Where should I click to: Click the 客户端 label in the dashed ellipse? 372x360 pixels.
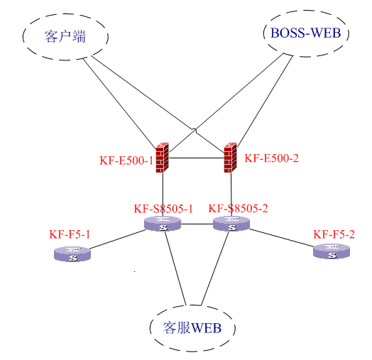pos(65,36)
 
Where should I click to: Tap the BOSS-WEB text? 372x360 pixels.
pos(305,33)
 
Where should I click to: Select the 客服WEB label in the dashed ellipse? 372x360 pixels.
pos(192,328)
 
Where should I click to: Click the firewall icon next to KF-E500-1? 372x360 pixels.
pos(163,158)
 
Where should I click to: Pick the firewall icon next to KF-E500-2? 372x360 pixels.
pos(230,158)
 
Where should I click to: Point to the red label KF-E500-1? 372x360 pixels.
pos(126,160)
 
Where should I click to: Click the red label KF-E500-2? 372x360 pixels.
pos(271,158)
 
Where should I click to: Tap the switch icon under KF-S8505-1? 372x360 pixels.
pos(163,224)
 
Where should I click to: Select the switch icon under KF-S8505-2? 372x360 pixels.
pos(231,224)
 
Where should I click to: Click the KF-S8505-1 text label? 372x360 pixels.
pos(163,209)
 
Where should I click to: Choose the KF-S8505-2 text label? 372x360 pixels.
pos(239,208)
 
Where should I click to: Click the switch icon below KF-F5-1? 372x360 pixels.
pos(72,254)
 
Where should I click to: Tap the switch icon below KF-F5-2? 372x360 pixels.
pos(332,251)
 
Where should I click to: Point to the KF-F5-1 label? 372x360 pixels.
pos(70,234)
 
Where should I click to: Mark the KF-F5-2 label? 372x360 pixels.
pos(334,234)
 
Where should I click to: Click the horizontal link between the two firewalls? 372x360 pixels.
pos(197,158)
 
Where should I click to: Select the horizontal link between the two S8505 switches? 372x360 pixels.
pos(197,224)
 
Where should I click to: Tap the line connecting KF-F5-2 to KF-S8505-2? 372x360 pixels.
pos(281,238)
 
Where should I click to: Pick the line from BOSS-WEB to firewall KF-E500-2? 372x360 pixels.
pos(265,102)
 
